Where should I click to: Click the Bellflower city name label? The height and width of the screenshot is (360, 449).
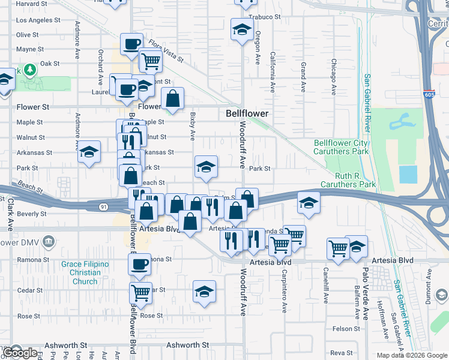[247, 113]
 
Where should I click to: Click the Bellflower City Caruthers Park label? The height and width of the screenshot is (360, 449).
[340, 148]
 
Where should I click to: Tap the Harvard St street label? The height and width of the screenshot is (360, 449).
[32, 4]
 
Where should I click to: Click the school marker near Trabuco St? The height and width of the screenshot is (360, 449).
[242, 29]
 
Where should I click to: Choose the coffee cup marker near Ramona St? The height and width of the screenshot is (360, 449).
[140, 264]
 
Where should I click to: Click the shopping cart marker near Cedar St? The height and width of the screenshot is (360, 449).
[140, 293]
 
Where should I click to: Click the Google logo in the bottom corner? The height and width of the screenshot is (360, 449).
[20, 353]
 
